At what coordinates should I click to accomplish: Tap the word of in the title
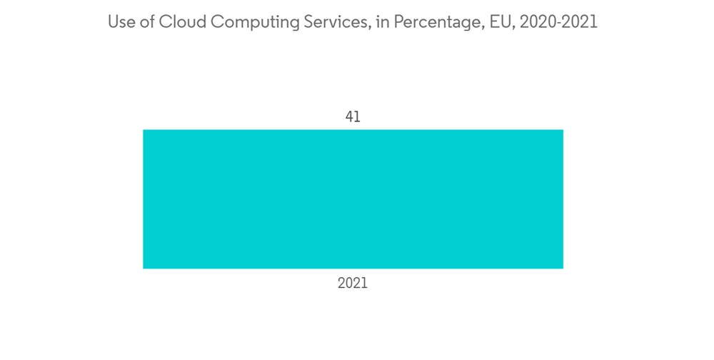coord(147,22)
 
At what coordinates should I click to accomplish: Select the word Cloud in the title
coord(181,22)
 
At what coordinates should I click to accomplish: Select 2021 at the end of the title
coord(580,22)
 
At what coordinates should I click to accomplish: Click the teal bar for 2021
coord(353,199)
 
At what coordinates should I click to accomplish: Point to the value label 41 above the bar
coord(353,116)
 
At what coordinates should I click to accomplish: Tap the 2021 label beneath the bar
coord(353,283)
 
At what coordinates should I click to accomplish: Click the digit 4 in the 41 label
coord(349,116)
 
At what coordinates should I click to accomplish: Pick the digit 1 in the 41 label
coord(357,116)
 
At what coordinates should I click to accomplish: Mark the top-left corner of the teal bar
coord(144,130)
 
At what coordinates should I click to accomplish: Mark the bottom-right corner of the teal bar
coord(563,268)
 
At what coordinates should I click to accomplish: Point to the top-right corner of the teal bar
coord(563,130)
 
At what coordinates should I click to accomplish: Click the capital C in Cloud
coord(165,22)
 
